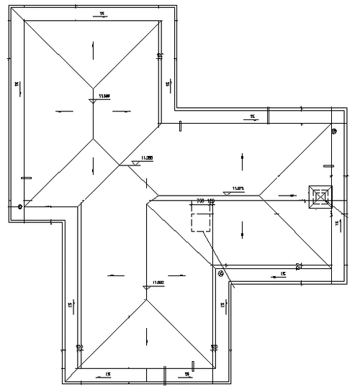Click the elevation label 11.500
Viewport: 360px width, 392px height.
[104, 95]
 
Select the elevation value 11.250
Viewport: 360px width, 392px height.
[147, 158]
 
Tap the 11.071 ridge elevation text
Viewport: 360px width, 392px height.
[240, 188]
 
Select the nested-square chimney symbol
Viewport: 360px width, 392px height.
[320, 196]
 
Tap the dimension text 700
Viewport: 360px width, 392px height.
[201, 201]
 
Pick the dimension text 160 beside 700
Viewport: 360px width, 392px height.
[211, 201]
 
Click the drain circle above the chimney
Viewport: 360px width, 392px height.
[334, 131]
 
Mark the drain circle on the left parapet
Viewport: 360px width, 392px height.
[20, 206]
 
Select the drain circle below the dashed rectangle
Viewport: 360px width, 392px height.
[221, 273]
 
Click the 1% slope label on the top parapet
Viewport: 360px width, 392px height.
[103, 14]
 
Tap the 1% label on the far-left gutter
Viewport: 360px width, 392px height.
[15, 85]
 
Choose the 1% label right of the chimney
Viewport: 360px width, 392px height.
[337, 224]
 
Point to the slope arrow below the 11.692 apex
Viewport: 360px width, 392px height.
[146, 334]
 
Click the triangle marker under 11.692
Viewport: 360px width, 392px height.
[146, 288]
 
